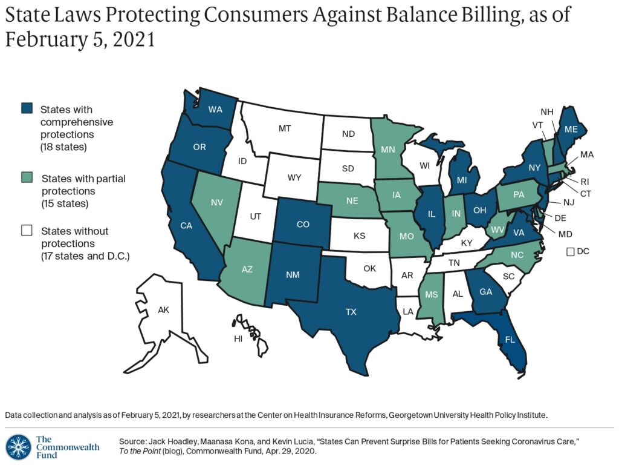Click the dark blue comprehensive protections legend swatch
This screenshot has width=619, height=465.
click(x=27, y=109)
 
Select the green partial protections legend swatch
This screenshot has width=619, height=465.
click(x=27, y=178)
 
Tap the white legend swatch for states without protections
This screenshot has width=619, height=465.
click(x=27, y=230)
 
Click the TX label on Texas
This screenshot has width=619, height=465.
click(x=351, y=312)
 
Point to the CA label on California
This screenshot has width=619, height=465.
click(x=186, y=225)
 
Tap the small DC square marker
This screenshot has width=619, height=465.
click(x=570, y=251)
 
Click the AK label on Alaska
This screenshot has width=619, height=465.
click(x=163, y=309)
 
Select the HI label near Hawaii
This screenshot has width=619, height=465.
click(x=238, y=338)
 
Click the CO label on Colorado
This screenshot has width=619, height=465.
click(x=303, y=225)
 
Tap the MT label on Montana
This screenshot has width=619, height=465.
click(x=285, y=128)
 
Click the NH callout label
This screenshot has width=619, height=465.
click(x=546, y=111)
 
